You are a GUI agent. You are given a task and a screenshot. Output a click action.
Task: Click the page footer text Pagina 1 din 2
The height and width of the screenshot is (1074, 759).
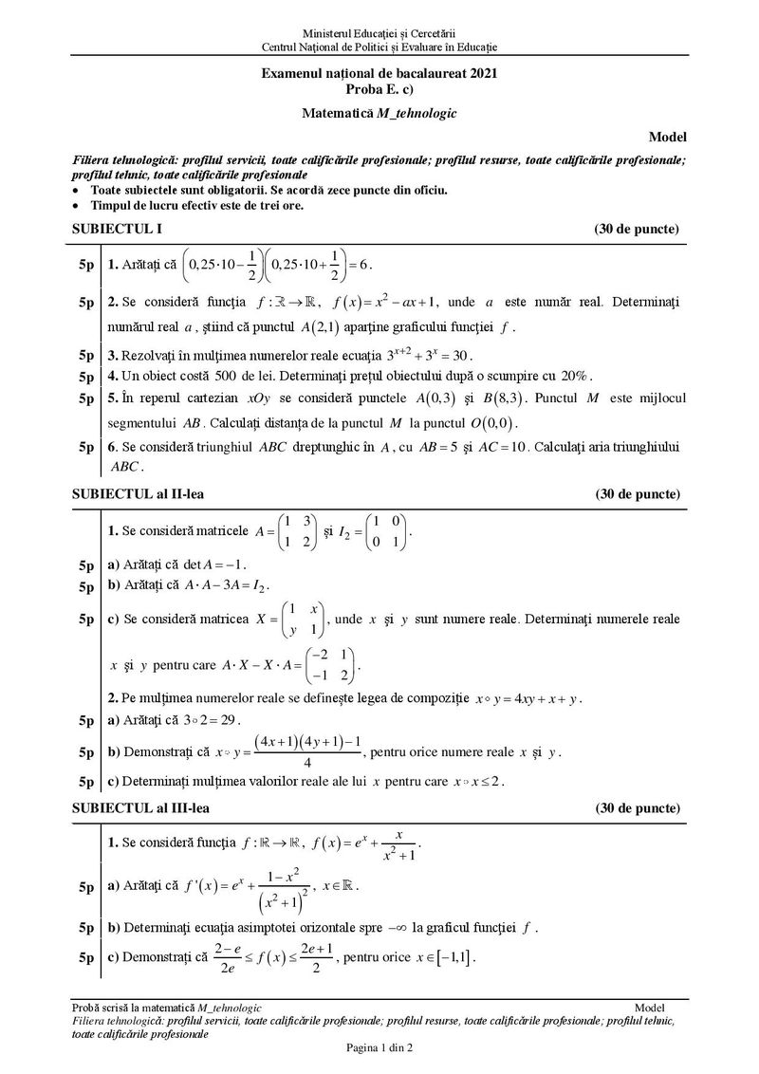point(379,1047)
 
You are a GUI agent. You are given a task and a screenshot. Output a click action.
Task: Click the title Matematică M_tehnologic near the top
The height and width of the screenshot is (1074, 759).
point(379,112)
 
